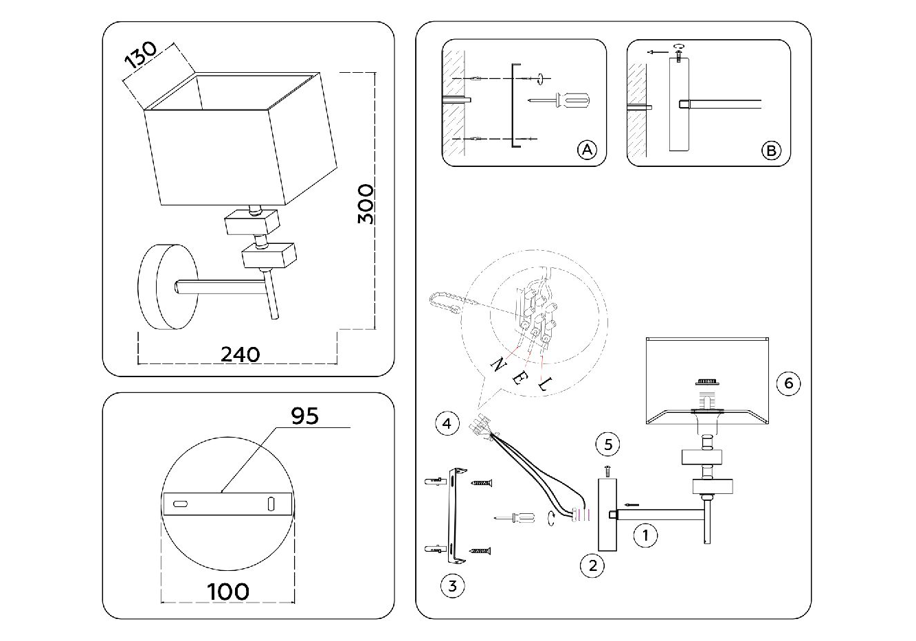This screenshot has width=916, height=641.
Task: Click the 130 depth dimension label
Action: click(141, 57)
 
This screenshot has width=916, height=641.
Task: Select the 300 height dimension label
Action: click(366, 204)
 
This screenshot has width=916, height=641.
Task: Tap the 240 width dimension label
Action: click(240, 354)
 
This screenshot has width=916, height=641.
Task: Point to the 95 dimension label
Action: click(304, 416)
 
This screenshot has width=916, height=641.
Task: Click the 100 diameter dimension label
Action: click(227, 591)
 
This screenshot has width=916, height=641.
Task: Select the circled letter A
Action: click(585, 150)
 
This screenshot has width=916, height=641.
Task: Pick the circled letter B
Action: click(771, 150)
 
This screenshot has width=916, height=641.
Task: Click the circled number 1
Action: click(645, 535)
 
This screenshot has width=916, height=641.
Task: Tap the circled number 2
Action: click(592, 565)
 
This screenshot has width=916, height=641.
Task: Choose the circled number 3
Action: click(452, 586)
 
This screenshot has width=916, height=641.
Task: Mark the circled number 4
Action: click(447, 423)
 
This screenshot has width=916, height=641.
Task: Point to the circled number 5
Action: click(608, 445)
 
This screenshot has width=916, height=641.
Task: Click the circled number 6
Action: click(788, 383)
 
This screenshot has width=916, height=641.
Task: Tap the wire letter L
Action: click(543, 385)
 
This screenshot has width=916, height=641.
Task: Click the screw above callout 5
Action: click(608, 471)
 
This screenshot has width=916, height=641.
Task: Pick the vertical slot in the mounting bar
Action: click(271, 504)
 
